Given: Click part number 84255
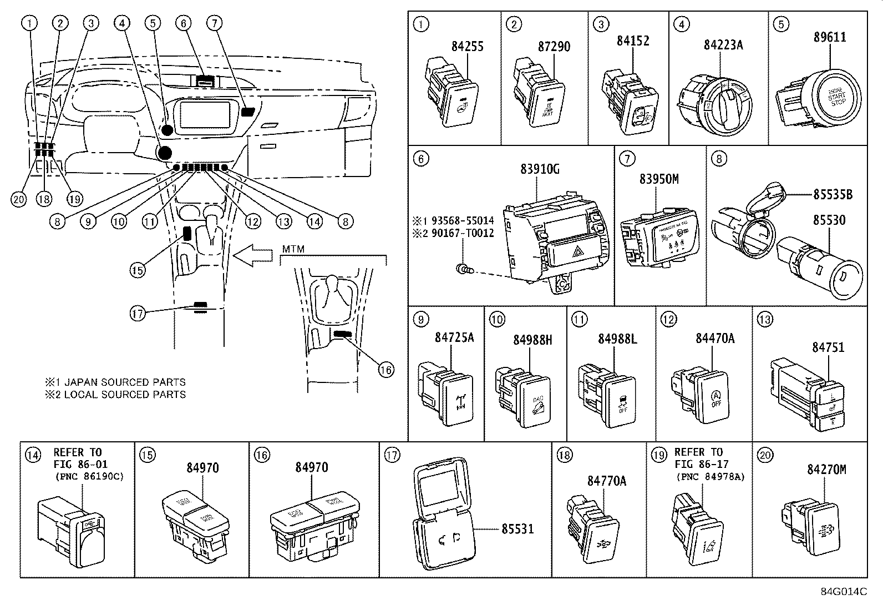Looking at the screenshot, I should click(x=467, y=47).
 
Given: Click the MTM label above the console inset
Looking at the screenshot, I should click(x=293, y=249).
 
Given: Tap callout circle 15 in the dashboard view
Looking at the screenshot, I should click(x=138, y=270).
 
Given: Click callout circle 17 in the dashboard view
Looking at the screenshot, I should click(x=138, y=314).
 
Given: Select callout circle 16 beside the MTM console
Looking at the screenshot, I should click(x=386, y=369).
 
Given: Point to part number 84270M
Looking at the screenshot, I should click(x=826, y=470).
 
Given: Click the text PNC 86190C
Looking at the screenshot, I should click(x=89, y=476).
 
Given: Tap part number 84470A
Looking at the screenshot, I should click(x=715, y=338).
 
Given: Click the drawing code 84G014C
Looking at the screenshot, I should click(x=844, y=591).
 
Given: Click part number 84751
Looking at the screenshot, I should click(x=828, y=347).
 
